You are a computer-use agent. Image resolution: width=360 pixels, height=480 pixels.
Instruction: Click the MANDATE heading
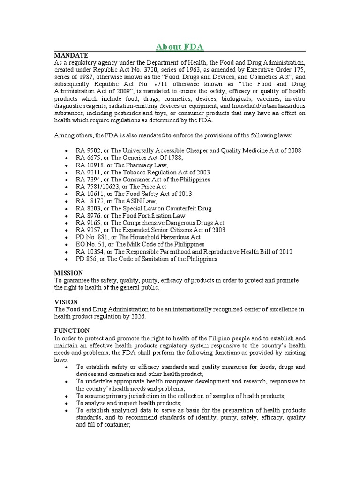(71, 55)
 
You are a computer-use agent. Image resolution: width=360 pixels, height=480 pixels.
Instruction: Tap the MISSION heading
(68, 273)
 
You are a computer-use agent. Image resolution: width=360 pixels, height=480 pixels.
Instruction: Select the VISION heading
(66, 302)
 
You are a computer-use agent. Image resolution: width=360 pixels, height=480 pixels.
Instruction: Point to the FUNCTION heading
(72, 330)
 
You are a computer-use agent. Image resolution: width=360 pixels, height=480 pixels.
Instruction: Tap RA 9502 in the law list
(87, 150)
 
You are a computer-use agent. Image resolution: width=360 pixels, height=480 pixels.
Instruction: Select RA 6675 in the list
(87, 157)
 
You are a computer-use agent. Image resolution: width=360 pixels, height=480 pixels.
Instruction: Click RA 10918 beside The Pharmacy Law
(88, 165)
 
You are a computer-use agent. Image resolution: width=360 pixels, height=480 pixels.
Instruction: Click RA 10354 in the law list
(88, 252)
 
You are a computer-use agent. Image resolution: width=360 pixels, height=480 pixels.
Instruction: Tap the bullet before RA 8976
(68, 216)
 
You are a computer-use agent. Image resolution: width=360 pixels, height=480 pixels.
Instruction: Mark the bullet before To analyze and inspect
(68, 403)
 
